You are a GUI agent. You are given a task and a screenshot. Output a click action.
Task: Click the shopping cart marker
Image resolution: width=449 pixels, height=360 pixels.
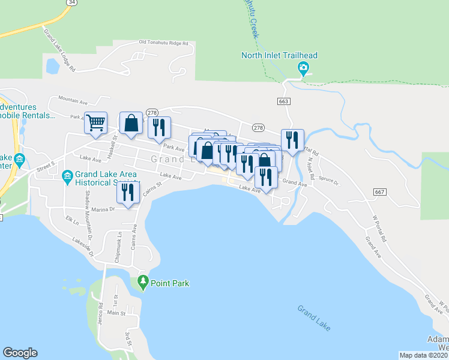pos(95,123)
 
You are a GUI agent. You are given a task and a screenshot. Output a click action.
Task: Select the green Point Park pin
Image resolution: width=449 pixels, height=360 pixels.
pos(143,281)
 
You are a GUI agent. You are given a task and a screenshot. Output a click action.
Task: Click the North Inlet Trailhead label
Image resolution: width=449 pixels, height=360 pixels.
pos(279,56)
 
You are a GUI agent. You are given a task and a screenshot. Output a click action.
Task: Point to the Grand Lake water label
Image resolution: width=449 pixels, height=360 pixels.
pos(314,319)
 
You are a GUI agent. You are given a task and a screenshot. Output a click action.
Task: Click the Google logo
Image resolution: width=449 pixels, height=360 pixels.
pos(20,353)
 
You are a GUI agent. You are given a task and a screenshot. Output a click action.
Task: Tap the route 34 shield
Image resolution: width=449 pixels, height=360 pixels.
pos(71,2)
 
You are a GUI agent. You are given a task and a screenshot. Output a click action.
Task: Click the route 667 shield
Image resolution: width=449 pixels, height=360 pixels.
pos(378,192)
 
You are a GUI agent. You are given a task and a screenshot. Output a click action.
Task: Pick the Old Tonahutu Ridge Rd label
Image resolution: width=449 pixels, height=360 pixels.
pos(163,43)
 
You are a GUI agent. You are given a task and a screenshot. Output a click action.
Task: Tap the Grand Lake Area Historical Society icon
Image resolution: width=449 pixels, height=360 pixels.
pos(67,175)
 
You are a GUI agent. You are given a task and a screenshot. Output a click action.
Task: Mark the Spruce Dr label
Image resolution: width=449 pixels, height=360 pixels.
pos(328,180)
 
